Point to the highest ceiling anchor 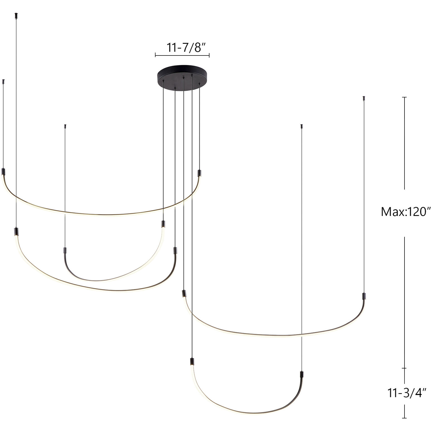click(x=16, y=15)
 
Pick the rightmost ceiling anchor click(x=364, y=98)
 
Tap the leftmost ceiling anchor click(x=3, y=81)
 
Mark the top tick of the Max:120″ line click(x=405, y=97)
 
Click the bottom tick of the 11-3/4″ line click(x=404, y=418)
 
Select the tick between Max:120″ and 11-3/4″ click(x=404, y=368)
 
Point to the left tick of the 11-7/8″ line click(x=155, y=56)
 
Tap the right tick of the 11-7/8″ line click(x=209, y=56)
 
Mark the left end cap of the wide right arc click(x=184, y=293)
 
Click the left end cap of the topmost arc click(x=3, y=171)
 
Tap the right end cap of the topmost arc click(x=199, y=173)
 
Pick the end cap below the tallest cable click(x=16, y=232)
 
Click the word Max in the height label click(x=390, y=212)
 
